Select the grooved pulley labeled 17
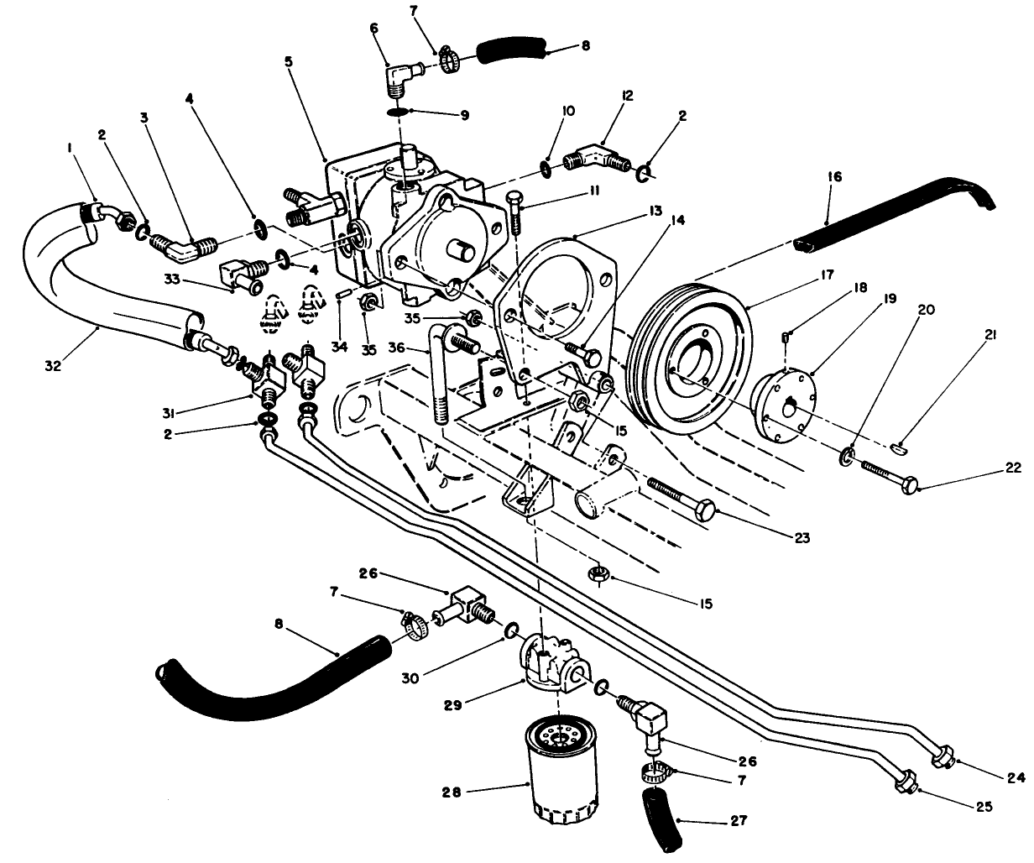click(x=687, y=357)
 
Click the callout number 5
click(x=288, y=62)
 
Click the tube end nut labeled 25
click(x=906, y=782)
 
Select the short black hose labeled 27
click(x=661, y=819)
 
